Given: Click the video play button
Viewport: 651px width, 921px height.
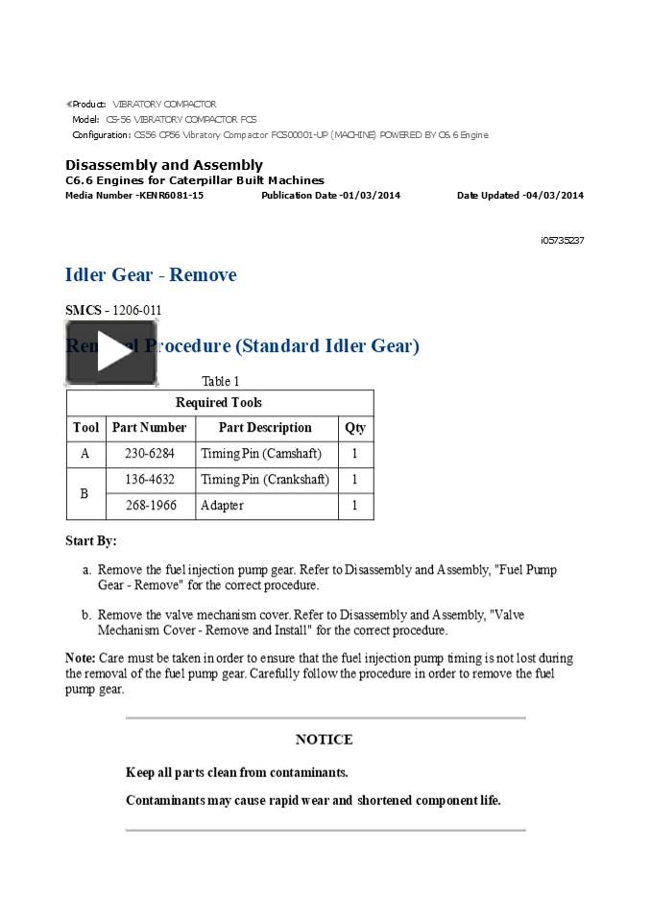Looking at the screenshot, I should coord(110,353).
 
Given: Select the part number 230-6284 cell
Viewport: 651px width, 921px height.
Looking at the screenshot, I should coord(150,454).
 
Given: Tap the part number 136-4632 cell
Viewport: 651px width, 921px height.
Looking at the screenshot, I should coord(150,480).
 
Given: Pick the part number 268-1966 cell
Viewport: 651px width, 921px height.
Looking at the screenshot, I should coord(150,506).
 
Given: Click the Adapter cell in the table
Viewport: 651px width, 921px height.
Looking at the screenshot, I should coord(222,506).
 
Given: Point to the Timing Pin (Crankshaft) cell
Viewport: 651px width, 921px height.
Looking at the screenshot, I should coord(265,480).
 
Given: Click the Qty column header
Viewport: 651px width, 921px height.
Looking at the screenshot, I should coord(354,428).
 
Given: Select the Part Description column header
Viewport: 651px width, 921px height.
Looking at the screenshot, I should coord(265,428).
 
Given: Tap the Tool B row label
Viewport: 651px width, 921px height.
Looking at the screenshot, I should coord(84,493).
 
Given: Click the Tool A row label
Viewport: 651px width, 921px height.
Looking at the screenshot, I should coord(84,454).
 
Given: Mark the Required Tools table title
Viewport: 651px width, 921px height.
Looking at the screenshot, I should coord(219,403).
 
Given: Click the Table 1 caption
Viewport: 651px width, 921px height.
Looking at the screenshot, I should coord(220,382).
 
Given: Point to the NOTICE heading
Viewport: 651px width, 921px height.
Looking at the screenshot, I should coord(325,740).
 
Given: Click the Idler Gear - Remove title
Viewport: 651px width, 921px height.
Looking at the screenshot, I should coord(151,275).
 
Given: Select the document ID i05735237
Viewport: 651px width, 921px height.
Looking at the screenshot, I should coord(562,241).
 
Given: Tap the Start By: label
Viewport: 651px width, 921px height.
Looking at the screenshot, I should coord(90,541).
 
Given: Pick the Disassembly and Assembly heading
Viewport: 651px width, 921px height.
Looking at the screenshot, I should coord(164,165).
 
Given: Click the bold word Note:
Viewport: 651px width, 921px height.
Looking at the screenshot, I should coord(80,659).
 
